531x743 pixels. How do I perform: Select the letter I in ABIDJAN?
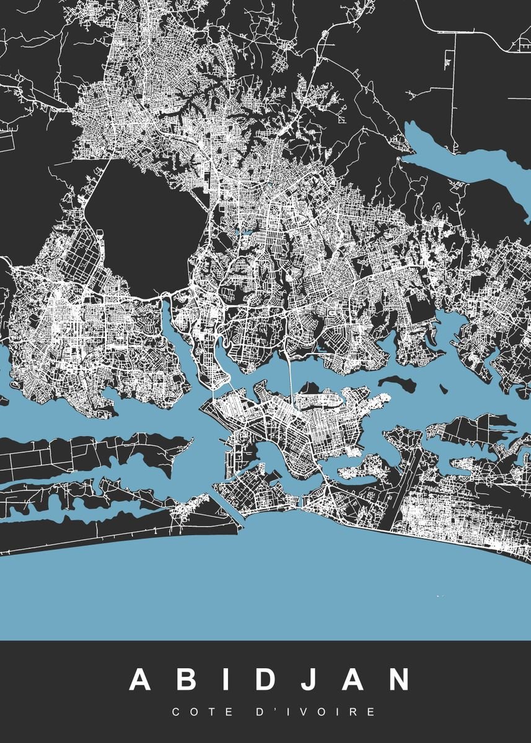[x=227, y=680]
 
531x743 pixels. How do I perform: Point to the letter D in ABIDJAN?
[x=266, y=680]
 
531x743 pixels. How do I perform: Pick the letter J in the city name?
[x=314, y=680]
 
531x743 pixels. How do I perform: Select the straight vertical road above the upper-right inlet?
[x=455, y=93]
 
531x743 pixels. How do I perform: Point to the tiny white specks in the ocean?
[x=441, y=596]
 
